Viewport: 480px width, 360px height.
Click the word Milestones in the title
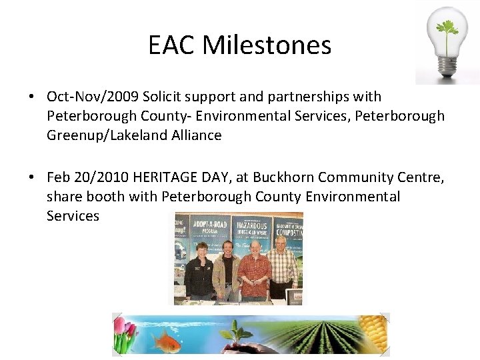coord(267,45)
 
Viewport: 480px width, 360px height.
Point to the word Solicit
coord(163,97)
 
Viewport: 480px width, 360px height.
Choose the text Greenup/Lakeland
coord(100,135)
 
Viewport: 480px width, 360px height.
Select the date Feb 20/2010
coord(87,177)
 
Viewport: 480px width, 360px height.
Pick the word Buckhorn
coord(281,177)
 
